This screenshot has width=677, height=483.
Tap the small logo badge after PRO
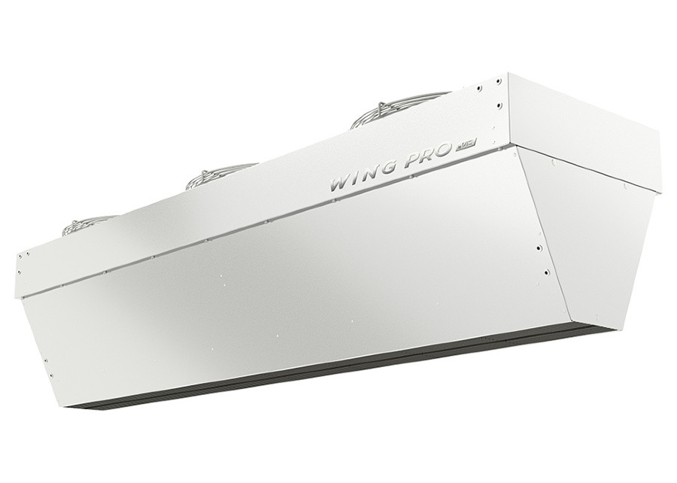coord(461,148)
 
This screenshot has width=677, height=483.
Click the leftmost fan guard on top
coord(89,223)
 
